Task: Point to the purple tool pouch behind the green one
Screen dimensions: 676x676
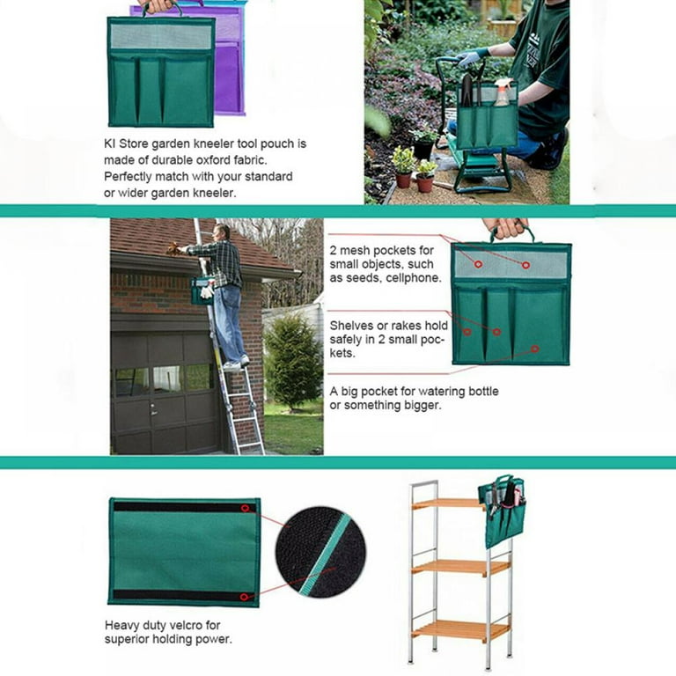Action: pos(230,61)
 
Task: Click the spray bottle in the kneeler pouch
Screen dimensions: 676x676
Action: pos(502,92)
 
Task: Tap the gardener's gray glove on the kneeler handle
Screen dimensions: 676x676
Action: pos(472,57)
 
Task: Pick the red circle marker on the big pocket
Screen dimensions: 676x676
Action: pos(534,349)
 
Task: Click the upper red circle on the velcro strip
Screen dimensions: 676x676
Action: pos(245,508)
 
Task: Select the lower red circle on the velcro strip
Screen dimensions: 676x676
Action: pos(244,597)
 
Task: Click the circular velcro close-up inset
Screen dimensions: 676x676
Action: pos(320,552)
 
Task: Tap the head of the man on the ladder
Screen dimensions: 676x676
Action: pos(222,232)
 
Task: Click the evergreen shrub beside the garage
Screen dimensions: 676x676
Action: pos(293,361)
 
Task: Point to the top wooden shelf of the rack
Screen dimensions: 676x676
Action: pos(448,503)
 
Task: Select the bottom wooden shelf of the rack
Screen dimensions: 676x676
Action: pos(460,631)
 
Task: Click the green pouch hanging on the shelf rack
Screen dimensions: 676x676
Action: pos(503,511)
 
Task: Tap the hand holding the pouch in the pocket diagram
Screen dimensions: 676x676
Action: pos(504,228)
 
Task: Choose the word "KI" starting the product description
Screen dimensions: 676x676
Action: pos(109,143)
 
